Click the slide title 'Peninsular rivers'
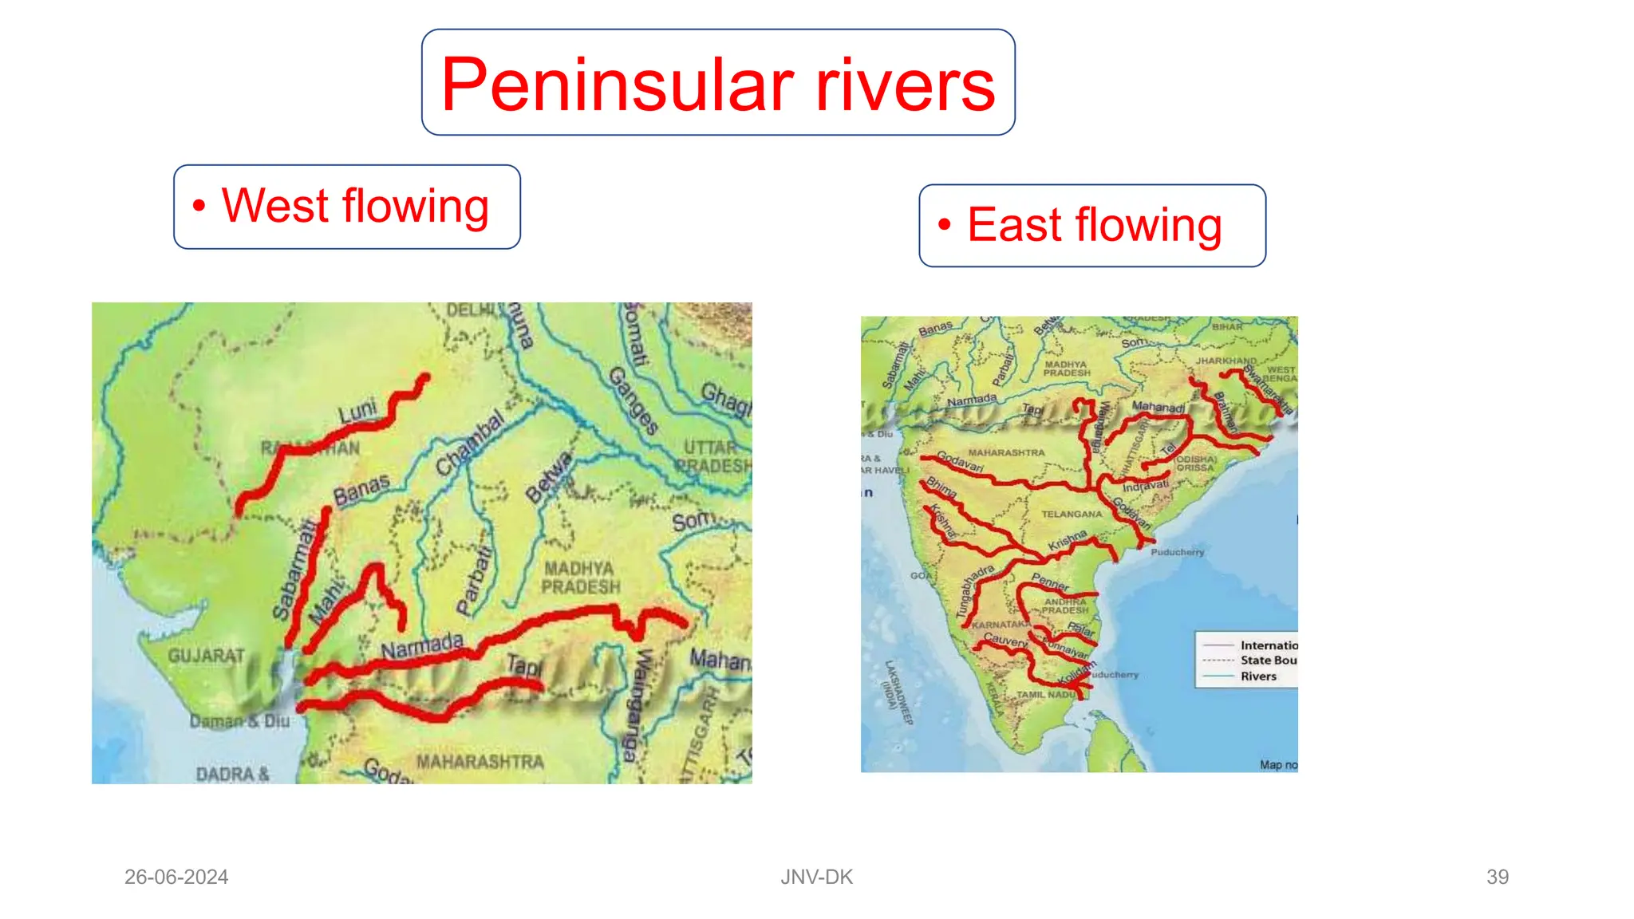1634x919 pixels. (718, 84)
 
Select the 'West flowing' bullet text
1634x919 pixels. (355, 207)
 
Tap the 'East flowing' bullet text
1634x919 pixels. (1094, 225)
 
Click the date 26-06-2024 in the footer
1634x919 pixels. (176, 877)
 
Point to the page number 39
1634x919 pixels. (1497, 877)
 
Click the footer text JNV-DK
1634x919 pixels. (816, 877)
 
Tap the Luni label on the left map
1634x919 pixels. (357, 412)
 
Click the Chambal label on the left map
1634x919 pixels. (470, 444)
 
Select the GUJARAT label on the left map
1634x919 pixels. (207, 656)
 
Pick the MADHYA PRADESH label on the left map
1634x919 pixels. (580, 578)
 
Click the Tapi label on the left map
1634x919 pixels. (524, 665)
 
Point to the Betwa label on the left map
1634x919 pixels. (549, 477)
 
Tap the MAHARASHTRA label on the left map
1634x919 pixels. (480, 762)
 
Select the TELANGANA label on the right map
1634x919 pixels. (1071, 515)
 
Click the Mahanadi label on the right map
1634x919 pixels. (1158, 407)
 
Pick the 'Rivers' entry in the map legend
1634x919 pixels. (1258, 676)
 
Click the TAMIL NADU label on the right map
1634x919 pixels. (1046, 695)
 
